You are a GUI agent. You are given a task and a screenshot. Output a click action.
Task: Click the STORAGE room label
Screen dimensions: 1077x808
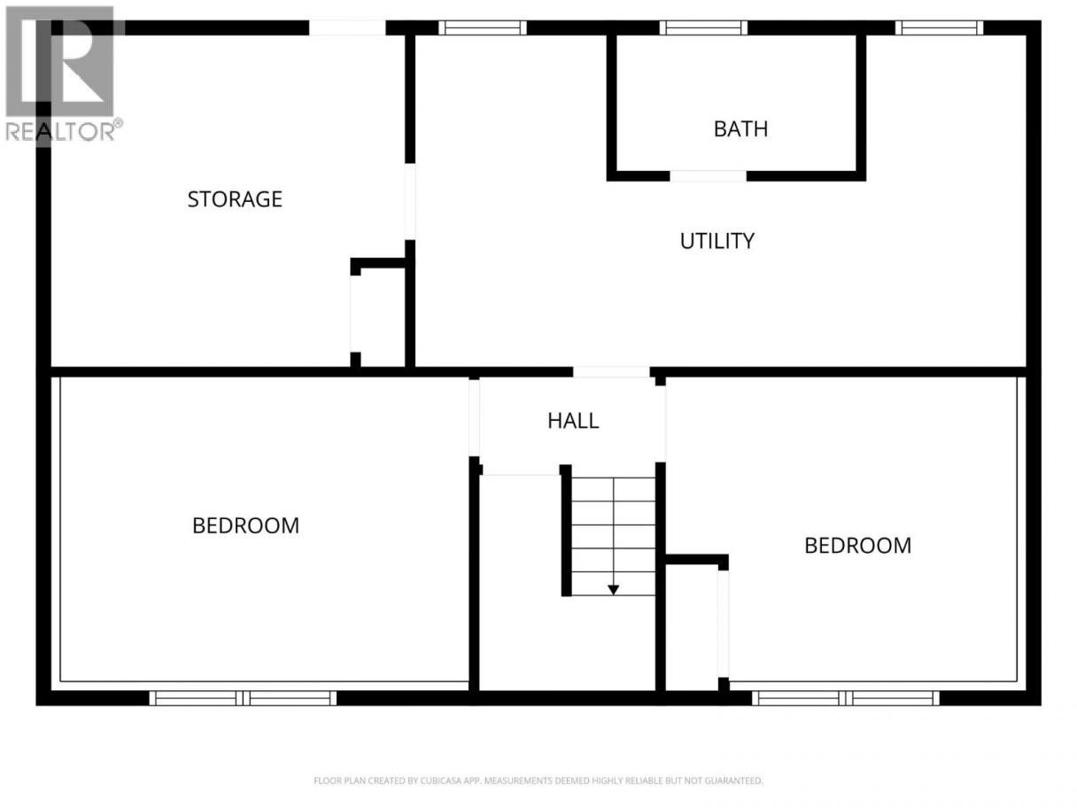pyautogui.click(x=235, y=199)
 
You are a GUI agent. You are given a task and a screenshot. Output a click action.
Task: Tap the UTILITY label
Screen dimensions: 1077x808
pyautogui.click(x=717, y=241)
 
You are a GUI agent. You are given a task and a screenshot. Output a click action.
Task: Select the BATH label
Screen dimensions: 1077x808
pyautogui.click(x=740, y=129)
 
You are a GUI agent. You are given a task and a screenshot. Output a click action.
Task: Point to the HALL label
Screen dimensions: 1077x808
pyautogui.click(x=573, y=421)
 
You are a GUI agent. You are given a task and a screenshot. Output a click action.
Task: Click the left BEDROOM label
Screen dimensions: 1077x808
pyautogui.click(x=245, y=526)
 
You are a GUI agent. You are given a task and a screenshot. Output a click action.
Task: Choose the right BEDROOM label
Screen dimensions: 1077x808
pyautogui.click(x=857, y=546)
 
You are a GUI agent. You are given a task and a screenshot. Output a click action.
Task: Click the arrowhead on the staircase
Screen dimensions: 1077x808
pyautogui.click(x=613, y=590)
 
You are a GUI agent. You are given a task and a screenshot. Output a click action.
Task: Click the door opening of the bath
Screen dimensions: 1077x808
pyautogui.click(x=708, y=176)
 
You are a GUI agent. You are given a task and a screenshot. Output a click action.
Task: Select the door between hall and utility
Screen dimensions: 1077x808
pyautogui.click(x=611, y=372)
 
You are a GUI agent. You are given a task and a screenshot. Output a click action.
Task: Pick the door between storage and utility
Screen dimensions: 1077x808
pyautogui.click(x=410, y=202)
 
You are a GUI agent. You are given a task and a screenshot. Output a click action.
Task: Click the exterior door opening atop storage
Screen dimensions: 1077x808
pyautogui.click(x=347, y=28)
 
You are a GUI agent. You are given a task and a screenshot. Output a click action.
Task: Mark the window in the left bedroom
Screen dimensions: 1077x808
pyautogui.click(x=243, y=697)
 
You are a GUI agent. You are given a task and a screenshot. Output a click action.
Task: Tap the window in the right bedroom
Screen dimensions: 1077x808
pyautogui.click(x=846, y=697)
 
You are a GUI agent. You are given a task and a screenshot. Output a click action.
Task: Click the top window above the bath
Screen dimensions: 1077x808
pyautogui.click(x=703, y=28)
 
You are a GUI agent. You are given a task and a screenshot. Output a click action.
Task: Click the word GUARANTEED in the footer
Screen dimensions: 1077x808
pyautogui.click(x=733, y=781)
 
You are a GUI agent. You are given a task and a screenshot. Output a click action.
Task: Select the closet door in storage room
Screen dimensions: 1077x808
pyautogui.click(x=355, y=314)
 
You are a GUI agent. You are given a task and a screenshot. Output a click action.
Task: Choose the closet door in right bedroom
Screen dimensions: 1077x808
pyautogui.click(x=724, y=624)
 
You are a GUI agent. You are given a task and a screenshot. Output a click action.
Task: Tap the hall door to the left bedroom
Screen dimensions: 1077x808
pyautogui.click(x=474, y=418)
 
